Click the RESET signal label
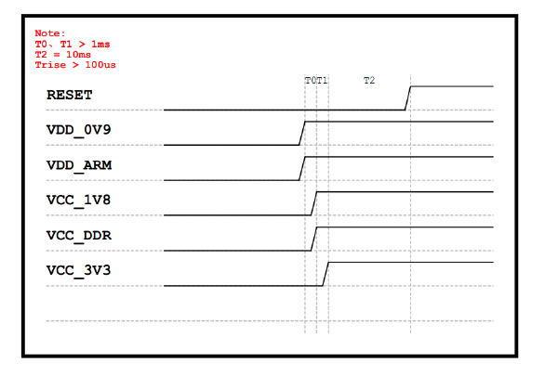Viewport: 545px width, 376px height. tap(70, 95)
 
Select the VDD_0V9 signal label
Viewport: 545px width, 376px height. tap(78, 130)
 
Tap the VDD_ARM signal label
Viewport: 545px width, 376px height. tap(79, 165)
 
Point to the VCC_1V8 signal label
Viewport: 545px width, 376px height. tap(78, 201)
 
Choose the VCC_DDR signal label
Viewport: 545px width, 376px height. tap(79, 236)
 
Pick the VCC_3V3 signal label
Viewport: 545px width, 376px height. tap(78, 270)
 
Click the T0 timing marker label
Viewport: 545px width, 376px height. tap(311, 81)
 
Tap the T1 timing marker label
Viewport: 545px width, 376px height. tap(322, 81)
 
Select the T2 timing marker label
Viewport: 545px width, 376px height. tap(369, 81)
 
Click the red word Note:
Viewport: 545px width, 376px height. tap(50, 33)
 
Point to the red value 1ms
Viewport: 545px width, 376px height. tap(100, 44)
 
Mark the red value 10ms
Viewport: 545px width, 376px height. tap(78, 55)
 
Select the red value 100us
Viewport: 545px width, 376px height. tap(100, 65)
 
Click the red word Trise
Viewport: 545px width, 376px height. tap(50, 65)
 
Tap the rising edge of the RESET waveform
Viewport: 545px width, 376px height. tap(407, 98)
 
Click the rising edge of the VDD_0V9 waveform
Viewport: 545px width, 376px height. tap(302, 133)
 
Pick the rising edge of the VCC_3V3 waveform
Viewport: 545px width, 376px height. tap(326, 274)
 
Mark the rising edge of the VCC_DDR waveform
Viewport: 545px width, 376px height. tap(313, 239)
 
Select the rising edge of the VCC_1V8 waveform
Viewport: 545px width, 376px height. tap(313, 203)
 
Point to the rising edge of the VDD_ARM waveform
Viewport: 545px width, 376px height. tap(302, 169)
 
